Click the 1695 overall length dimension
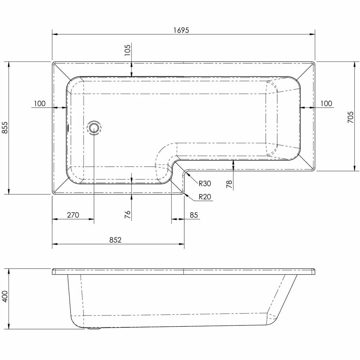click(x=181, y=30)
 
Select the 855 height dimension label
click(x=5, y=128)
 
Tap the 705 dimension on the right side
click(x=350, y=117)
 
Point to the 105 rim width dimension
click(x=127, y=49)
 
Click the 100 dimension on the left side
click(x=40, y=104)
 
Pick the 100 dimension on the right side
click(x=326, y=104)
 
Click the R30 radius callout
click(x=205, y=184)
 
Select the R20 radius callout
click(x=205, y=197)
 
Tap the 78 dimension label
click(x=229, y=184)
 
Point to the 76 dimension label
click(x=127, y=215)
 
